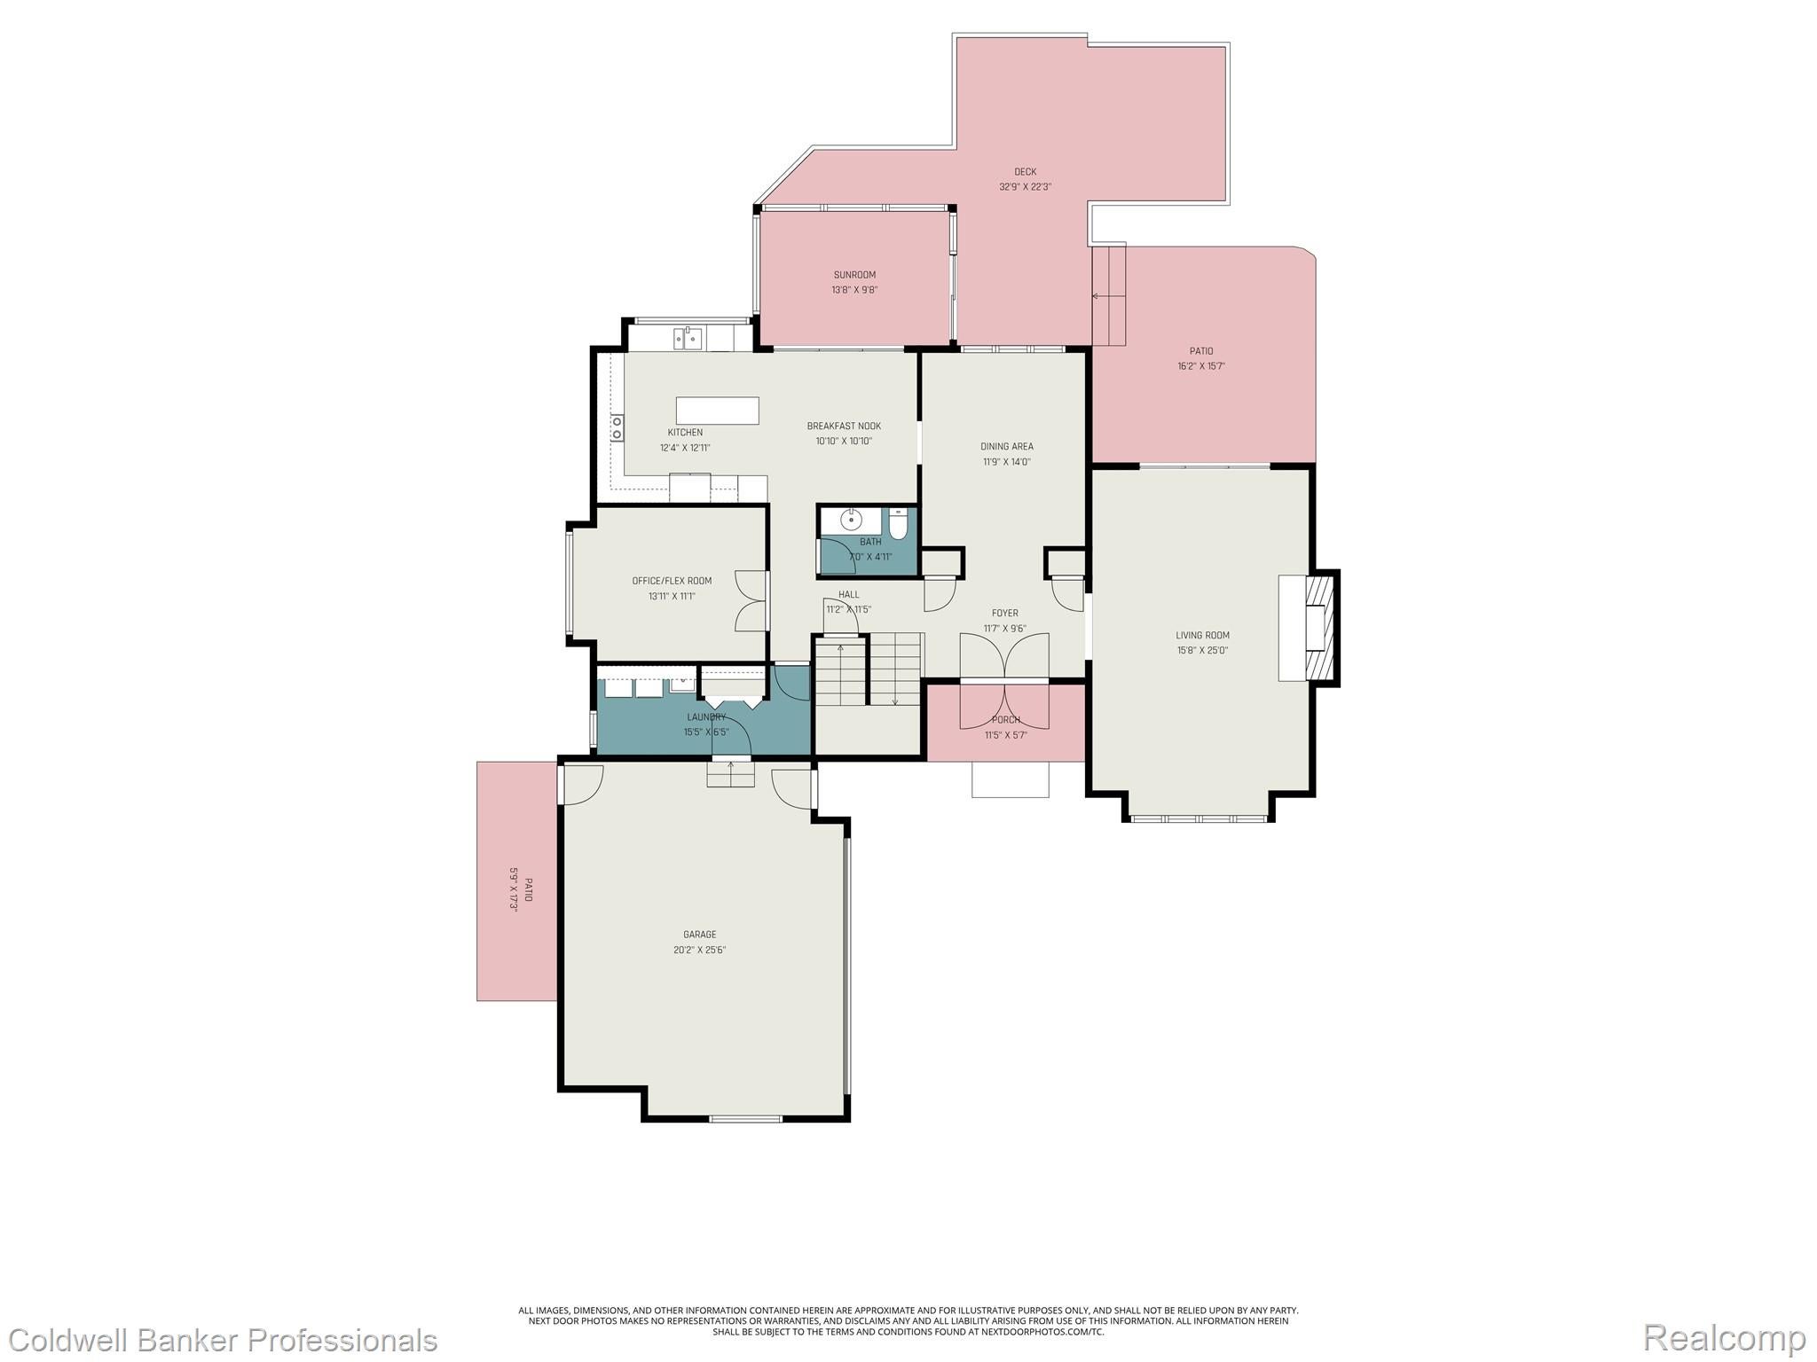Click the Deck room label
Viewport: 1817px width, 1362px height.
pos(1025,172)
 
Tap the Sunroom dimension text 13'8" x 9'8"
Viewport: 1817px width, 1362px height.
pos(854,290)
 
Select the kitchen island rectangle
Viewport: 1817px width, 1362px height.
pos(717,411)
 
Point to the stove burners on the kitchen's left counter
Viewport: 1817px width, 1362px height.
pos(617,428)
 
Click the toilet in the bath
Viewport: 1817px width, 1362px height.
pos(898,524)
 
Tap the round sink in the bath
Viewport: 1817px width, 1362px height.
pos(850,520)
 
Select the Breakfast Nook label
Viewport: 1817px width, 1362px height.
pos(844,426)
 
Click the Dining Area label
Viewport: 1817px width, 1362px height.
pos(1006,446)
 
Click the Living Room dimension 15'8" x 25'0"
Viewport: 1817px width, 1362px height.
pos(1202,650)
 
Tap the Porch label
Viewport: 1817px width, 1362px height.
pos(1005,719)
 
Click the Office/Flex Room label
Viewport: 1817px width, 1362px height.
pos(672,581)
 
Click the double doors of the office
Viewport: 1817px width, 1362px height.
pos(751,601)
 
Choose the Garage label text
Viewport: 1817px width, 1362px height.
pos(699,934)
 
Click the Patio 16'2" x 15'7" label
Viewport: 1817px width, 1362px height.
pos(1201,351)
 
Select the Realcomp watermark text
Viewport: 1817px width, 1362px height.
pos(1724,1337)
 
